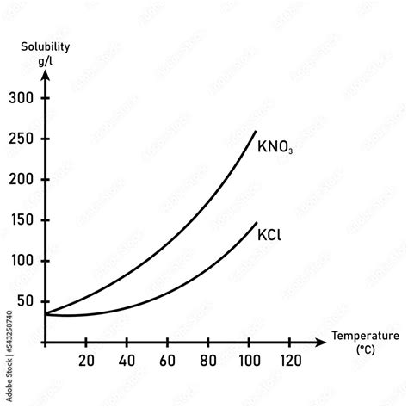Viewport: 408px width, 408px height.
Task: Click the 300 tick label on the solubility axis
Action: click(22, 98)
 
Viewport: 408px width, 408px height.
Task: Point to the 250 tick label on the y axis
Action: click(22, 139)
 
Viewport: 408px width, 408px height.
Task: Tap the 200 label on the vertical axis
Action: click(22, 180)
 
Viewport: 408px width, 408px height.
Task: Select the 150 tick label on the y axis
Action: click(22, 220)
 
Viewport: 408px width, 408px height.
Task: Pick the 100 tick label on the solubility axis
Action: click(22, 261)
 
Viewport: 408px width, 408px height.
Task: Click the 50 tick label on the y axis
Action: click(26, 302)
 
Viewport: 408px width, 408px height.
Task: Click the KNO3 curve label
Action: click(275, 146)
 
